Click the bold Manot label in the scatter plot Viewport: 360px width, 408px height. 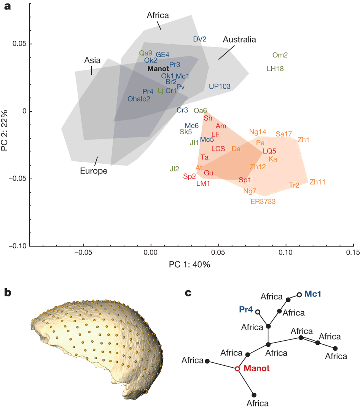(x=158, y=69)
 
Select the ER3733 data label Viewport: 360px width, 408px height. (x=263, y=201)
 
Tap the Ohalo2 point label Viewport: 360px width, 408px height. (x=139, y=99)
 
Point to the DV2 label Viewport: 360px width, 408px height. (x=199, y=39)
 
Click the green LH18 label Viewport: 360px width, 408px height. (x=275, y=69)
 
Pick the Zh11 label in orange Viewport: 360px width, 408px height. (x=317, y=182)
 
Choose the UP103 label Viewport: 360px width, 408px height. (x=220, y=86)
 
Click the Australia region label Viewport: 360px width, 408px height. (x=239, y=40)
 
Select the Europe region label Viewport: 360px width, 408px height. (x=94, y=171)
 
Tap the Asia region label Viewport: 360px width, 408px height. (x=92, y=61)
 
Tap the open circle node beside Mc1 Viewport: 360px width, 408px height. (x=299, y=295)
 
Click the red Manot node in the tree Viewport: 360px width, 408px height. (x=237, y=369)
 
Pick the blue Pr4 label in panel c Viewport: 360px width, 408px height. (x=246, y=310)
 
